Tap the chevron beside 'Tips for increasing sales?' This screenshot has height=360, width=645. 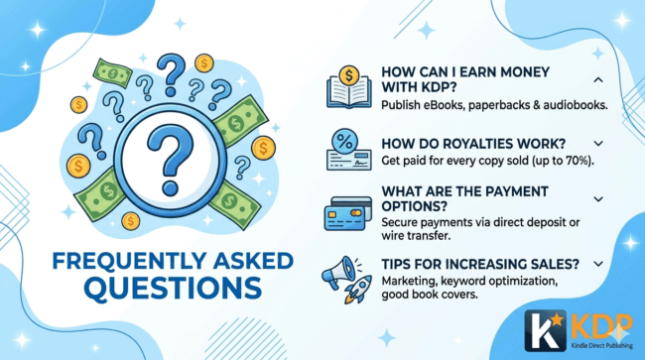pyautogui.click(x=598, y=264)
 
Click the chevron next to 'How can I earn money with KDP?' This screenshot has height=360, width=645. pyautogui.click(x=598, y=79)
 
